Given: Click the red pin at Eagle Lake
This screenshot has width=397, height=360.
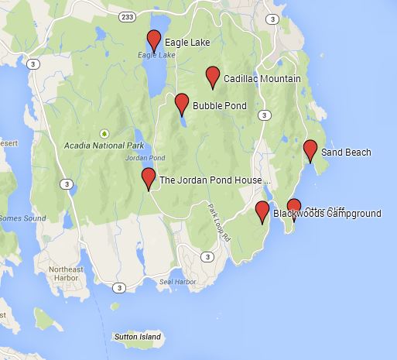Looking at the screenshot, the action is (x=153, y=40).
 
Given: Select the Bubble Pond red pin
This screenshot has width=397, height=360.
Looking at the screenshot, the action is (x=182, y=102).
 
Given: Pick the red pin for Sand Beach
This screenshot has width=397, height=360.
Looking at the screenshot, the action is (x=310, y=149).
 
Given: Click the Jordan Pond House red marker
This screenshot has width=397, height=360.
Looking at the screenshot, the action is (x=149, y=177).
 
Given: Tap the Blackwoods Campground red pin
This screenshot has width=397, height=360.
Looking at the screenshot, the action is (x=262, y=211).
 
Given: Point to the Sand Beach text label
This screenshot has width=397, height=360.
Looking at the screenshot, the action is (x=346, y=153).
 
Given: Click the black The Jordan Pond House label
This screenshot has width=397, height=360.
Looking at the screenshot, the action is (x=214, y=180).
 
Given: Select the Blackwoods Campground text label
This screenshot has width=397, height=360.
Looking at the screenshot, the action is (x=327, y=213).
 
